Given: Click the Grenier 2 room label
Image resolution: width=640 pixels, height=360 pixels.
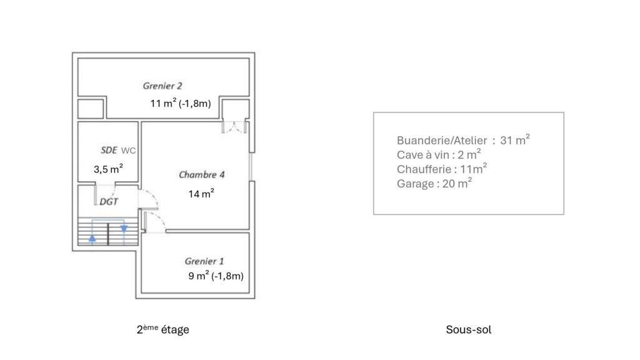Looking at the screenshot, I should pos(162,86).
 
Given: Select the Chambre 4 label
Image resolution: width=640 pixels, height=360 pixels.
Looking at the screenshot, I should pos(202,174).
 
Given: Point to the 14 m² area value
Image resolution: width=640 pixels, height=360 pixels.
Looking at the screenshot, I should pos(201,194).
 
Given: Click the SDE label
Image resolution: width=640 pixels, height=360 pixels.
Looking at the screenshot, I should pos(109,150).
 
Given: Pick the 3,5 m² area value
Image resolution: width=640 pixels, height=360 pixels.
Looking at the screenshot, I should pos(108,169).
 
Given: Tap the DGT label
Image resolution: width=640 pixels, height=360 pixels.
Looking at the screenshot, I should pos(109,202).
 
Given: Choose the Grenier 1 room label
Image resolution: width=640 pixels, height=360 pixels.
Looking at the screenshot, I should pos(204,261).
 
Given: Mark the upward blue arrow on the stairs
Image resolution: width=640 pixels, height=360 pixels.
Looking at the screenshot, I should pos(92,237).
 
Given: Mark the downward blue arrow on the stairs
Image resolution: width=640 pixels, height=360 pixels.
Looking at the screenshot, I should pos(124,229).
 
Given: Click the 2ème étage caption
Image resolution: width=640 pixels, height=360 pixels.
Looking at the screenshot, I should pos(162,329).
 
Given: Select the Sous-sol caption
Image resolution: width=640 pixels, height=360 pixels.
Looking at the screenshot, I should pos(469,329).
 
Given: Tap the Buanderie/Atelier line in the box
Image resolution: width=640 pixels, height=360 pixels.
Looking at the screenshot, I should pos(463,141).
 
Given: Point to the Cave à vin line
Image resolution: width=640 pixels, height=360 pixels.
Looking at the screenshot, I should pos(438,155).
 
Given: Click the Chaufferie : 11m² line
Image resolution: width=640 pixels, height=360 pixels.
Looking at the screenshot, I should pos(442,169).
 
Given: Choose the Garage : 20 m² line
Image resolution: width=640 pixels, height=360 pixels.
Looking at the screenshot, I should pos(434,184).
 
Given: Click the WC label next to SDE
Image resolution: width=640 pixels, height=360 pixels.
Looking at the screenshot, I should pos(129,151).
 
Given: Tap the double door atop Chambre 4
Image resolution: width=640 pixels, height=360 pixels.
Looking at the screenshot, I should pos(236,127).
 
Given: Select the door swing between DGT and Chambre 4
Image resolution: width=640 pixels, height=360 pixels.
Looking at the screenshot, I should pos(149,199).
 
